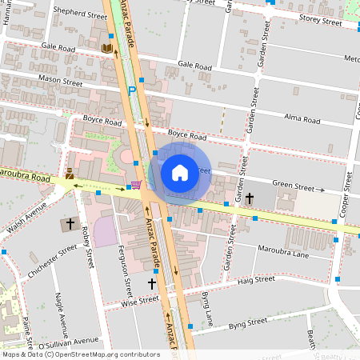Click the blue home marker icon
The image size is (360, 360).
(179, 172)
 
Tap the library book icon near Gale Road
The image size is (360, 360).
(106, 49)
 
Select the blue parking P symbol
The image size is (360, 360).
(132, 91)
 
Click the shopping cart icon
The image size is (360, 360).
(136, 185)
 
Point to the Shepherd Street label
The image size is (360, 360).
(80, 14)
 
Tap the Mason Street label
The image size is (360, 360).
(60, 81)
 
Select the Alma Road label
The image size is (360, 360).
(302, 120)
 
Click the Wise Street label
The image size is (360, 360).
(118, 302)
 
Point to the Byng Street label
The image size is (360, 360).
(247, 322)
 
